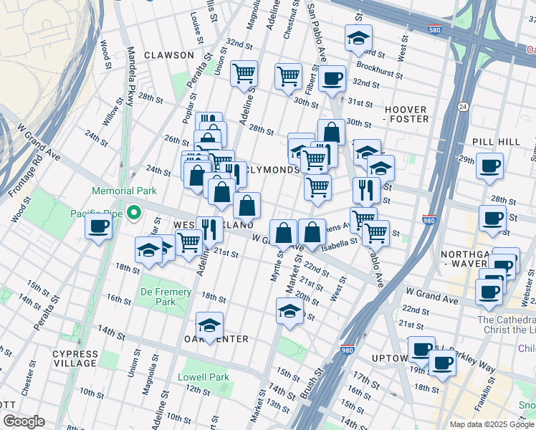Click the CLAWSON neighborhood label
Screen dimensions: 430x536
[x=168, y=55]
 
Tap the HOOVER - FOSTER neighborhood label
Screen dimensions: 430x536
[x=406, y=114]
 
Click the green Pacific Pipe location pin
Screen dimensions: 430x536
[x=133, y=213]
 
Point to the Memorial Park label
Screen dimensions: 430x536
[x=123, y=191]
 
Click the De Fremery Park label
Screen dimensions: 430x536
[x=166, y=297]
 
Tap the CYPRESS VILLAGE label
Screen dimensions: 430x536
[x=75, y=358]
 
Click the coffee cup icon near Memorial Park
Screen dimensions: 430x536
[x=98, y=226]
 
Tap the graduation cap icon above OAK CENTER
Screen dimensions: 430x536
[x=209, y=325]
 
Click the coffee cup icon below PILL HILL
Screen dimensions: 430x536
[x=490, y=166]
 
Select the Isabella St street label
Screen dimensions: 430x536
[x=339, y=244]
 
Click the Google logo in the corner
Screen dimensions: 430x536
[x=23, y=421]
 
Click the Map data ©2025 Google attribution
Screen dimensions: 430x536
[x=492, y=424]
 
